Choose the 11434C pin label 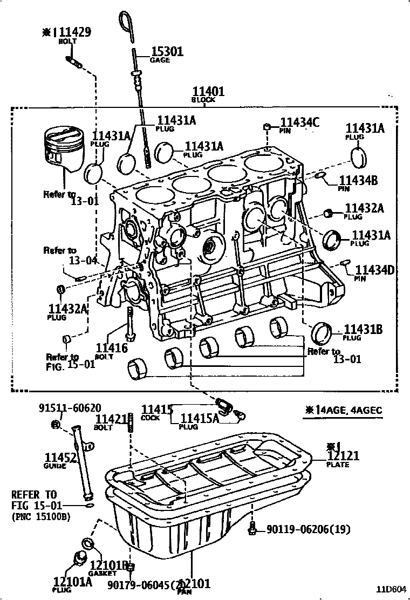tap(299, 124)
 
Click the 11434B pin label tap(358, 180)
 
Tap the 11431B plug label tap(363, 329)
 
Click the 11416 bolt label tap(112, 349)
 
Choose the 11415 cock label tap(156, 410)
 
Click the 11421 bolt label tap(110, 419)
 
